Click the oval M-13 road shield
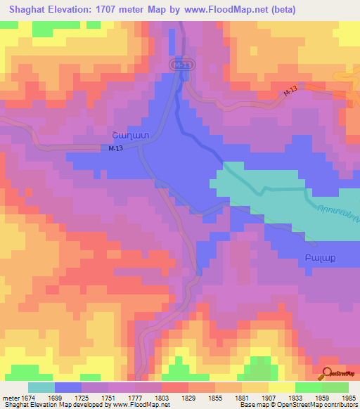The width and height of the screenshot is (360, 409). [x=181, y=64]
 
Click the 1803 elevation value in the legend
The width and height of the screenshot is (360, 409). [x=162, y=398]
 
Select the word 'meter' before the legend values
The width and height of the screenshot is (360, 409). [x=11, y=398]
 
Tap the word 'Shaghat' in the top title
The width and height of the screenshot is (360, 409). [x=27, y=10]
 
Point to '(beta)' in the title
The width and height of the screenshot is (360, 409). [x=279, y=10]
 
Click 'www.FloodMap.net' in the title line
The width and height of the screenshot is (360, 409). [x=218, y=10]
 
